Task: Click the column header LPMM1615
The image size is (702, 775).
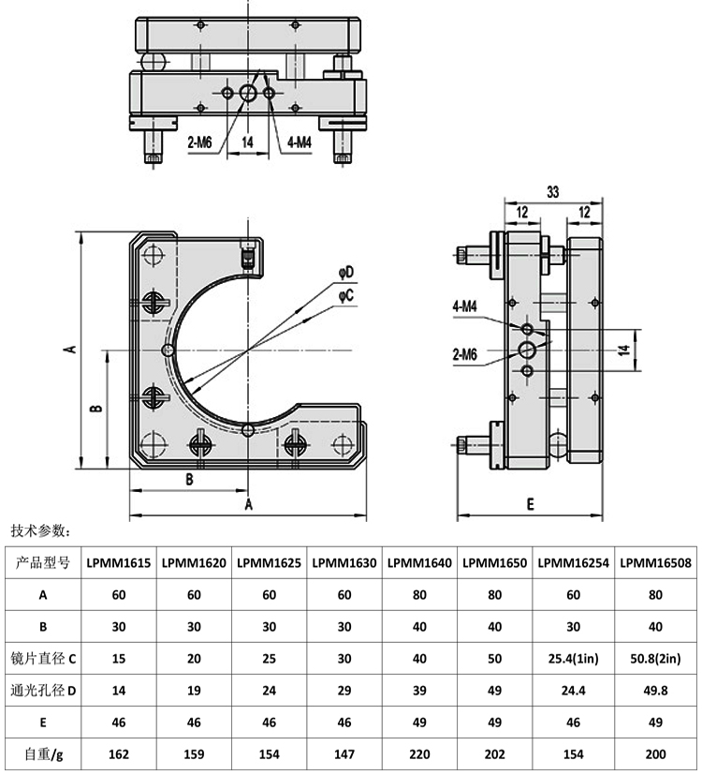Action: pyautogui.click(x=119, y=563)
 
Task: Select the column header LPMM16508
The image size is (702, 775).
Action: pyautogui.click(x=654, y=563)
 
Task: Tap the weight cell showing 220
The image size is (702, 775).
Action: pyautogui.click(x=419, y=753)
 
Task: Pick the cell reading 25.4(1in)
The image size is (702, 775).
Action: pyautogui.click(x=572, y=659)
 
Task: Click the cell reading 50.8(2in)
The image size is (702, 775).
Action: pyautogui.click(x=654, y=659)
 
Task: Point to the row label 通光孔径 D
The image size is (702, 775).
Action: pyautogui.click(x=44, y=692)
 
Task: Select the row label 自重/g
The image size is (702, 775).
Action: pyautogui.click(x=44, y=753)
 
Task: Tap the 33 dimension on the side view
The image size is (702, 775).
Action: pyautogui.click(x=552, y=192)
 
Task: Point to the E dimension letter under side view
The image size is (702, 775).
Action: pyautogui.click(x=530, y=504)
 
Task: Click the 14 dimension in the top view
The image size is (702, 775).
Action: pyautogui.click(x=248, y=142)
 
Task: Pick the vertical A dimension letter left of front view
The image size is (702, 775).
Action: pyautogui.click(x=68, y=348)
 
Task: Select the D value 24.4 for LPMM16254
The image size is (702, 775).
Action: pyautogui.click(x=572, y=692)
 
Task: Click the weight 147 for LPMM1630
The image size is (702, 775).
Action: pyautogui.click(x=344, y=753)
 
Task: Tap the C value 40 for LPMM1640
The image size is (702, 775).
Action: pyautogui.click(x=419, y=659)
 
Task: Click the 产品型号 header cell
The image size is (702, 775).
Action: pyautogui.click(x=44, y=563)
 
